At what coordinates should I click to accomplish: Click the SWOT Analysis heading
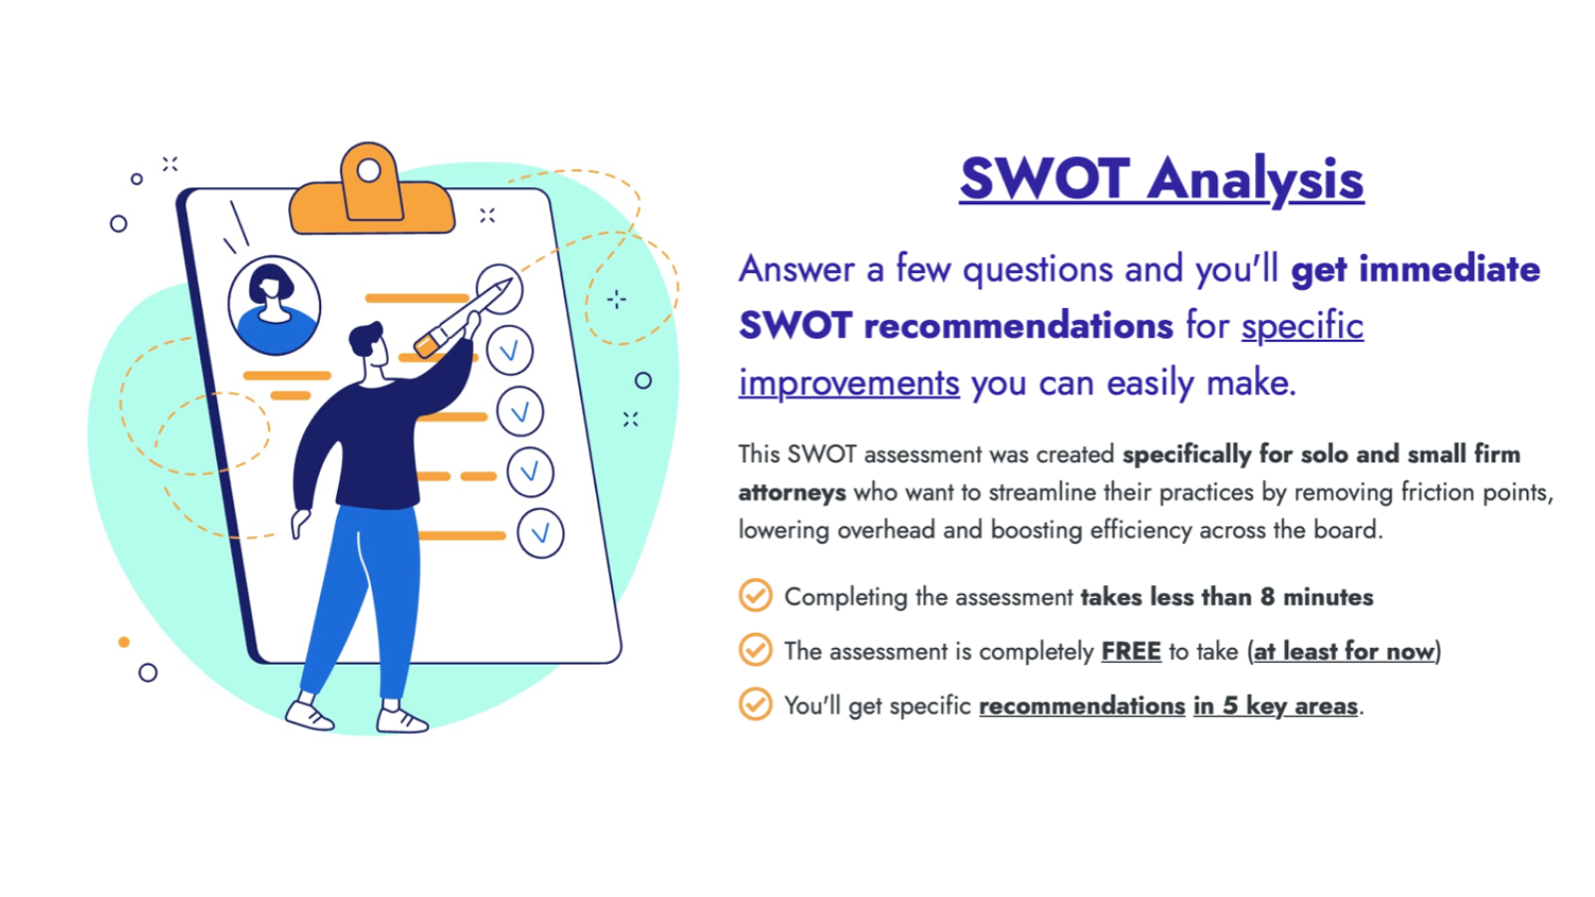point(1161,179)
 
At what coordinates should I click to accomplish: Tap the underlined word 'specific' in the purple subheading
point(1302,326)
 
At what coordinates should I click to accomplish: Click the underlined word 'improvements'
point(848,383)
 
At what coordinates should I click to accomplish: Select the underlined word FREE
point(1130,652)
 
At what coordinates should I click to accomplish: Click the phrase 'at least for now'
point(1343,652)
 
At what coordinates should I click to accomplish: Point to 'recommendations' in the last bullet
point(1082,706)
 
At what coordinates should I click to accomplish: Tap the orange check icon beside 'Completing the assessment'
point(756,596)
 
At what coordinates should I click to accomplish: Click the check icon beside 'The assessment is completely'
point(756,650)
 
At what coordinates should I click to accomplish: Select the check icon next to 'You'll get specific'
point(756,704)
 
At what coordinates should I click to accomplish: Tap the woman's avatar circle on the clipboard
point(274,305)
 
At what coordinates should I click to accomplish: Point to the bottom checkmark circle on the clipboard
point(540,533)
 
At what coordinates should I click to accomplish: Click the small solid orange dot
point(124,642)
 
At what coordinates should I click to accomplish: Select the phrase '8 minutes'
point(1317,597)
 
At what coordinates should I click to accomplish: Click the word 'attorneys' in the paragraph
point(792,492)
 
